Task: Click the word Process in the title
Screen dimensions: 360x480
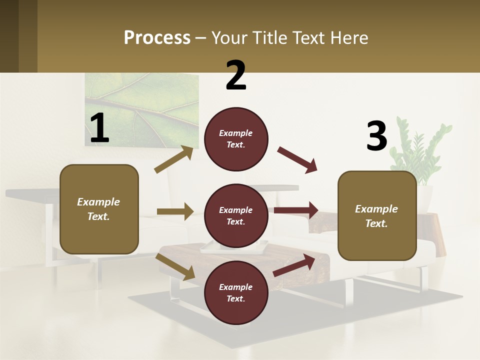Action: point(157,38)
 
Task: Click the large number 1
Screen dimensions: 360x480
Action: point(99,128)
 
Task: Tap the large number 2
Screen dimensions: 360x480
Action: point(236,75)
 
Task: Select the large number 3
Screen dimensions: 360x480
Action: point(376,136)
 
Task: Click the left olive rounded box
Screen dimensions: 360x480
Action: point(99,209)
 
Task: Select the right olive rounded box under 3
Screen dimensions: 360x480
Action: point(377,215)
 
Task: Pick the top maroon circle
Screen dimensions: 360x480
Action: point(236,139)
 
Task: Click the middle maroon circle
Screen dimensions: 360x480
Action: point(236,215)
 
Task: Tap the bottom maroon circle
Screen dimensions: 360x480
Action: point(236,292)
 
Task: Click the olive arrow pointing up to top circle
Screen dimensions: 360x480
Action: point(174,159)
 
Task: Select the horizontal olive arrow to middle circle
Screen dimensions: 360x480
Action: point(175,211)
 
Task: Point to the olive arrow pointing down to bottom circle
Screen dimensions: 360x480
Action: point(175,266)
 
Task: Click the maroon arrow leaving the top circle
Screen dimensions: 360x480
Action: point(297,160)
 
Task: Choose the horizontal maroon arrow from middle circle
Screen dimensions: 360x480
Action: point(296,210)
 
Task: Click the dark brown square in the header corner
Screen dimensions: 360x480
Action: point(9,36)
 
